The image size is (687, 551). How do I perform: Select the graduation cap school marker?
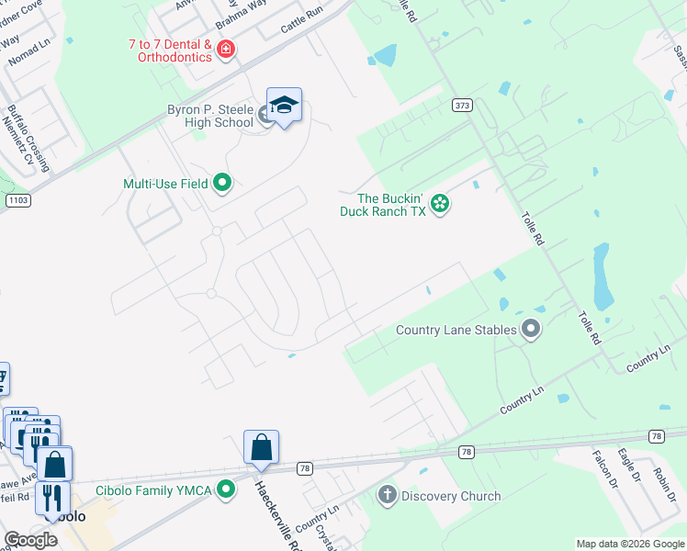[284, 107]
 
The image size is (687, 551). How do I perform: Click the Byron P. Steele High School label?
[209, 116]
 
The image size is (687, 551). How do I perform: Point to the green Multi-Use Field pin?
[221, 184]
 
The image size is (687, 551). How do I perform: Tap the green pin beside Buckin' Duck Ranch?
[440, 203]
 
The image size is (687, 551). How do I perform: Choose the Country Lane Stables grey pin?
[530, 330]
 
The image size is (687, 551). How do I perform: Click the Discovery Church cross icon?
[387, 496]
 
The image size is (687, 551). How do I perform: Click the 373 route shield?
[461, 107]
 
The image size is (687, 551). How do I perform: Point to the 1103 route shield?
[16, 199]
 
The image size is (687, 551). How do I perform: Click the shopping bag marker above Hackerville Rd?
[261, 448]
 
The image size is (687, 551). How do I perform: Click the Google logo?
[31, 539]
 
